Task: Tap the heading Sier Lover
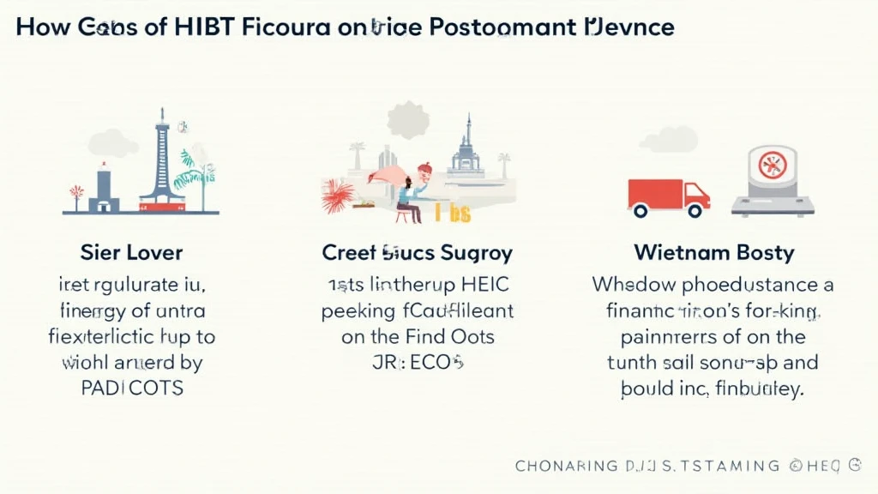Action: coord(131,252)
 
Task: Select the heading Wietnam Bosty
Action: coord(713,252)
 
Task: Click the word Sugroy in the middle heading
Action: coord(473,252)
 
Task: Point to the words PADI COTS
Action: coord(131,387)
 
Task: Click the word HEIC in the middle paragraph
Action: coord(484,285)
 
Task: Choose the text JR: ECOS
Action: coord(418,362)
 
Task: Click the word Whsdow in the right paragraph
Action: coord(628,285)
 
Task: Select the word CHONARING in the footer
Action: coord(566,466)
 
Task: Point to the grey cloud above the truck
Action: coord(669,139)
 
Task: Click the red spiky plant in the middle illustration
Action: coord(338,196)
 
